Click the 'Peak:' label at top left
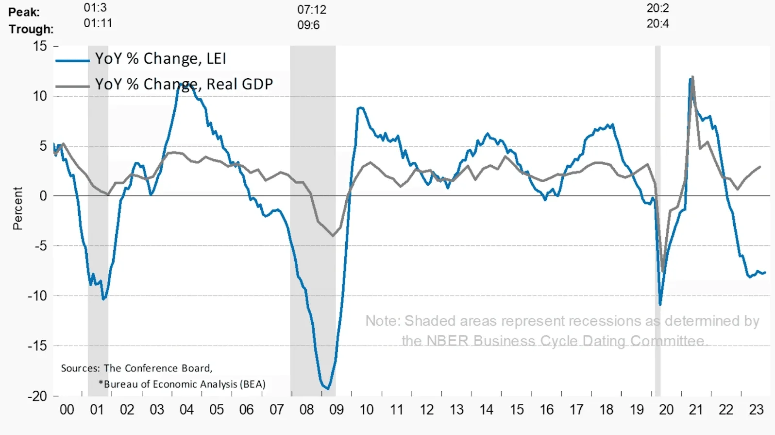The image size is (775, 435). tap(24, 12)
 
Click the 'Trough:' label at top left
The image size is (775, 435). tap(31, 29)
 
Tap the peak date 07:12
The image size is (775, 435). tap(312, 10)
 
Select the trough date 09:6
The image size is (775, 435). tap(308, 25)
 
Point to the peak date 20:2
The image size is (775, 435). tap(657, 8)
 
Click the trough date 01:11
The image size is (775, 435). tap(98, 23)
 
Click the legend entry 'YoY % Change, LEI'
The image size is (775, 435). tap(160, 59)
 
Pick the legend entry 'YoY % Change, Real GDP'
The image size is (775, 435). tap(184, 84)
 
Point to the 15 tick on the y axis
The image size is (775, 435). tap(40, 46)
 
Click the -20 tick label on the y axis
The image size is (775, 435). tap(37, 396)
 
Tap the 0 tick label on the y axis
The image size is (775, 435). tap(43, 196)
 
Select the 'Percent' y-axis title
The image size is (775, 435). tap(18, 208)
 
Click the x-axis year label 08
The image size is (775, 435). tap(306, 410)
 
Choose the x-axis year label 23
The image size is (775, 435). tap(756, 410)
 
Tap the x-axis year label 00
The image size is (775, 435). tap(67, 410)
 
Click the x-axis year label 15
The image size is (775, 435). tap(517, 410)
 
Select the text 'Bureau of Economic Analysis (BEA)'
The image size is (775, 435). tap(185, 384)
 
